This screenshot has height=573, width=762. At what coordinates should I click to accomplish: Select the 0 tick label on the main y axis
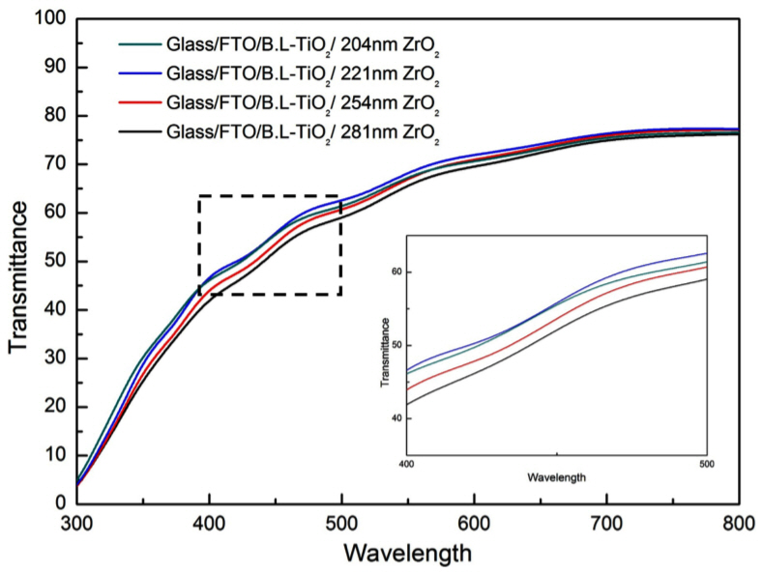coord(59,503)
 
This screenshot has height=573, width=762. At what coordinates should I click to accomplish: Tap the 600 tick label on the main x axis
coord(474,523)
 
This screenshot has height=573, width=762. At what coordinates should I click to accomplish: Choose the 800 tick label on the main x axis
coord(740,523)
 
